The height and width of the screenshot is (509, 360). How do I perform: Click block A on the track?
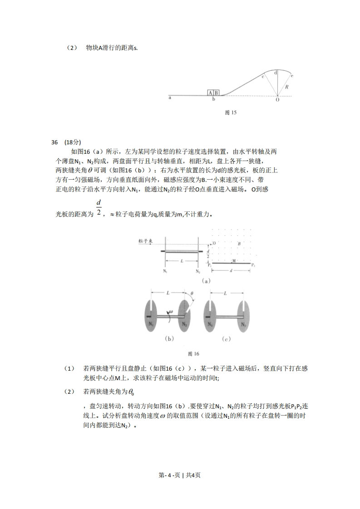click(211, 93)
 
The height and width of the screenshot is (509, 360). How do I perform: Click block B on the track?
click(217, 93)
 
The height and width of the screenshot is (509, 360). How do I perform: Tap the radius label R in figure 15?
click(286, 86)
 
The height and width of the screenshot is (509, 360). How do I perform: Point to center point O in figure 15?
click(277, 100)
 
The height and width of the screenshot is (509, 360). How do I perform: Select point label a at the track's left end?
click(170, 98)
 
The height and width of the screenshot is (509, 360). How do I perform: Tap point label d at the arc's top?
click(276, 72)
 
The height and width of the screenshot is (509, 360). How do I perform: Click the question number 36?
click(55, 142)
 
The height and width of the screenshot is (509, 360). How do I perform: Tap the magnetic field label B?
click(239, 244)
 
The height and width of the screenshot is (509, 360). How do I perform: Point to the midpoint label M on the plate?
click(234, 260)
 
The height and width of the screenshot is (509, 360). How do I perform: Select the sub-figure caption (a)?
click(206, 281)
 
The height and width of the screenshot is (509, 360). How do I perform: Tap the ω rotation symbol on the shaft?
click(171, 312)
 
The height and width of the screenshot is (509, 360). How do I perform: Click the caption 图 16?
click(193, 353)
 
